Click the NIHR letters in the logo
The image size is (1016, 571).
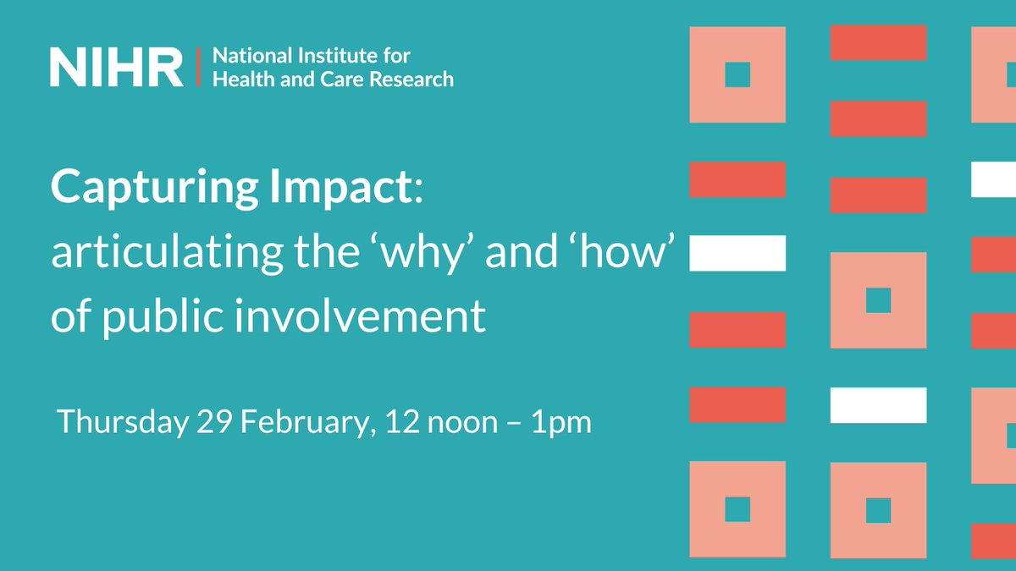tap(116, 68)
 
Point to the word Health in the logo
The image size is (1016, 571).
tap(238, 80)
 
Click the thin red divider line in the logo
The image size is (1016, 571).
tap(197, 68)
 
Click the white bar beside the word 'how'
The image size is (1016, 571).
tap(737, 253)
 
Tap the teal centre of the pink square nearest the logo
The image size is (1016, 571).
tap(737, 74)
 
